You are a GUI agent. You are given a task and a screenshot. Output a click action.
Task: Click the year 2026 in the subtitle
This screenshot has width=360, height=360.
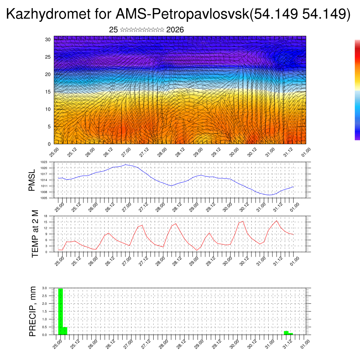point(175,30)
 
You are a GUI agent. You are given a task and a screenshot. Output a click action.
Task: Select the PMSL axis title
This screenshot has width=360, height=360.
point(32,180)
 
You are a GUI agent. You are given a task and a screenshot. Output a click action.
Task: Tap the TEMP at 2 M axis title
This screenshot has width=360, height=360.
point(35,234)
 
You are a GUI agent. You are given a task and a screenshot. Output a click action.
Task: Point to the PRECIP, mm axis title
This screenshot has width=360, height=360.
point(33,311)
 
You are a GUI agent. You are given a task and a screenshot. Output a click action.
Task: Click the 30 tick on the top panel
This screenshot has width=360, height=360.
point(48,39)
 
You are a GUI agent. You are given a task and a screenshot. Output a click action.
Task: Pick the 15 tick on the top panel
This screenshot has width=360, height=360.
point(48,92)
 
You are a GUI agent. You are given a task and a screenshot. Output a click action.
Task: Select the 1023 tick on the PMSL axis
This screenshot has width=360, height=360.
point(44,162)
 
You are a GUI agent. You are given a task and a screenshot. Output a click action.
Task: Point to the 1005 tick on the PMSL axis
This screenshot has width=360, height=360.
point(44,198)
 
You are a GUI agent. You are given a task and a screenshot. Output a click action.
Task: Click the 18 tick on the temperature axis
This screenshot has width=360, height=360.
point(46,216)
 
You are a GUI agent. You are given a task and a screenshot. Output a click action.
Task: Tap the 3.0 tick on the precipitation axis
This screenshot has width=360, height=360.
point(45,288)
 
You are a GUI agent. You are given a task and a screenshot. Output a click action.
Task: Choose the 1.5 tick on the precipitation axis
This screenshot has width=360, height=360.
point(45,311)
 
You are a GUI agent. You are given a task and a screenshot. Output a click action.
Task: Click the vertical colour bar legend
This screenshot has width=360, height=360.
point(357,90)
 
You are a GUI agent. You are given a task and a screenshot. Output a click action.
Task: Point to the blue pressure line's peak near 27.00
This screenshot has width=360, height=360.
point(126,165)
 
